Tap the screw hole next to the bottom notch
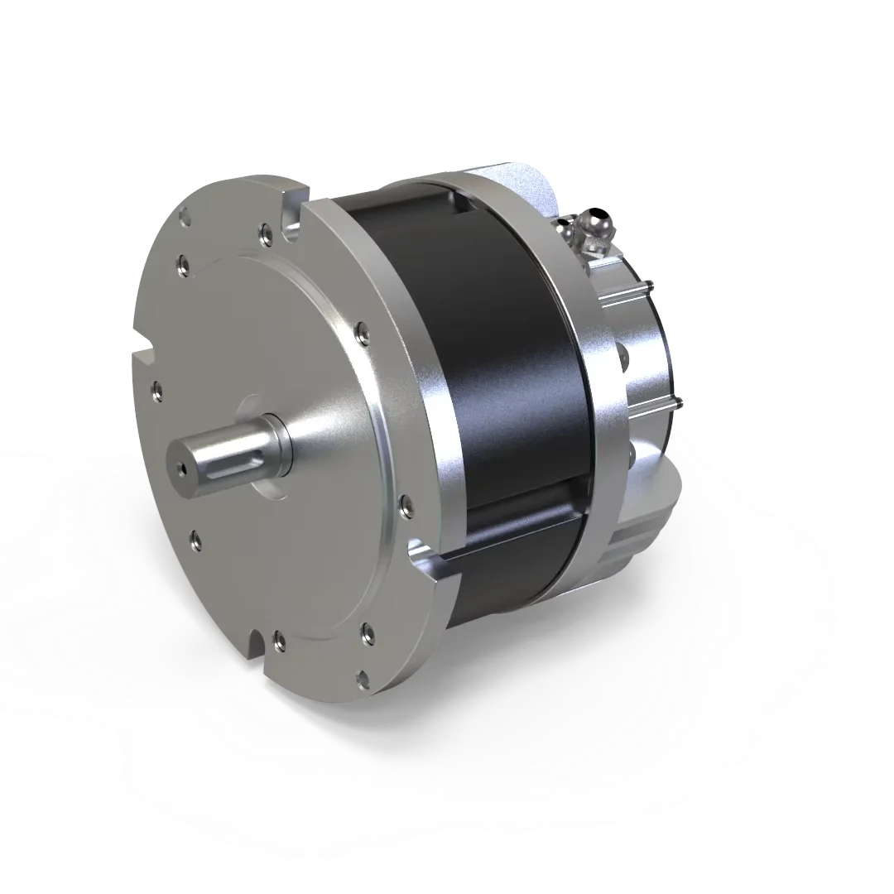pos(279,638)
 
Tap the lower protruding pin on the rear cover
pos(677,403)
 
